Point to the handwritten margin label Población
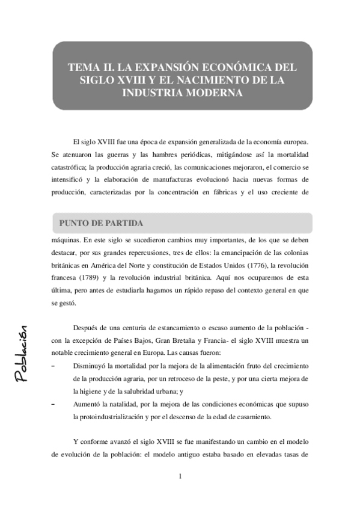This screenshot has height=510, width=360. pyautogui.click(x=23, y=353)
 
